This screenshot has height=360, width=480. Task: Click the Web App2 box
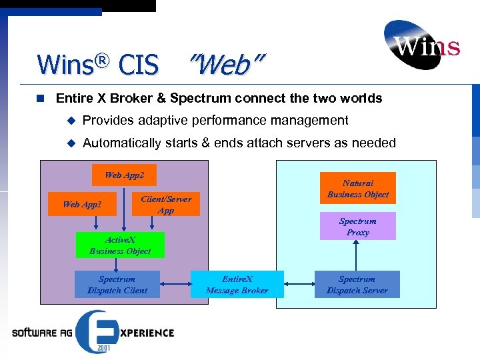(124, 175)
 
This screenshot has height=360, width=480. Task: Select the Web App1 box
(82, 204)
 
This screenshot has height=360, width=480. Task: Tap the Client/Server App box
(166, 205)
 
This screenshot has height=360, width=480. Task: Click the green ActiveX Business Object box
(120, 245)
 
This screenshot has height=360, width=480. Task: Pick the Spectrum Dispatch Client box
(117, 285)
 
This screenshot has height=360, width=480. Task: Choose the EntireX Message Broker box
(237, 285)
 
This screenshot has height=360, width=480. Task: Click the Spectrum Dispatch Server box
(357, 285)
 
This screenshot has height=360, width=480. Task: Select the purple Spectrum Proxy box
(357, 227)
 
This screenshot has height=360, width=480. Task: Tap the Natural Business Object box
(358, 189)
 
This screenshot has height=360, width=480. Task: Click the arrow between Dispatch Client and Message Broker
(175, 285)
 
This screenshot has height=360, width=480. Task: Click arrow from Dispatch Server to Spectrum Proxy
(357, 255)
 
